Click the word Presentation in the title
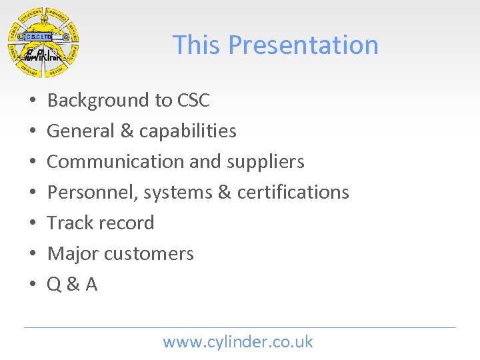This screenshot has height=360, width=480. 303,45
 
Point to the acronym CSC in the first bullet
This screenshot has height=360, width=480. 193,101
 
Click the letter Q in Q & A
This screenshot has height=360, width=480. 55,285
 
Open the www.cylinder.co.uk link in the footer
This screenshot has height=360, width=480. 238,343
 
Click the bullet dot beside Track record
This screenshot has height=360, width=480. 33,224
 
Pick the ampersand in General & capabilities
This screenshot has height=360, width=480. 127,131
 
